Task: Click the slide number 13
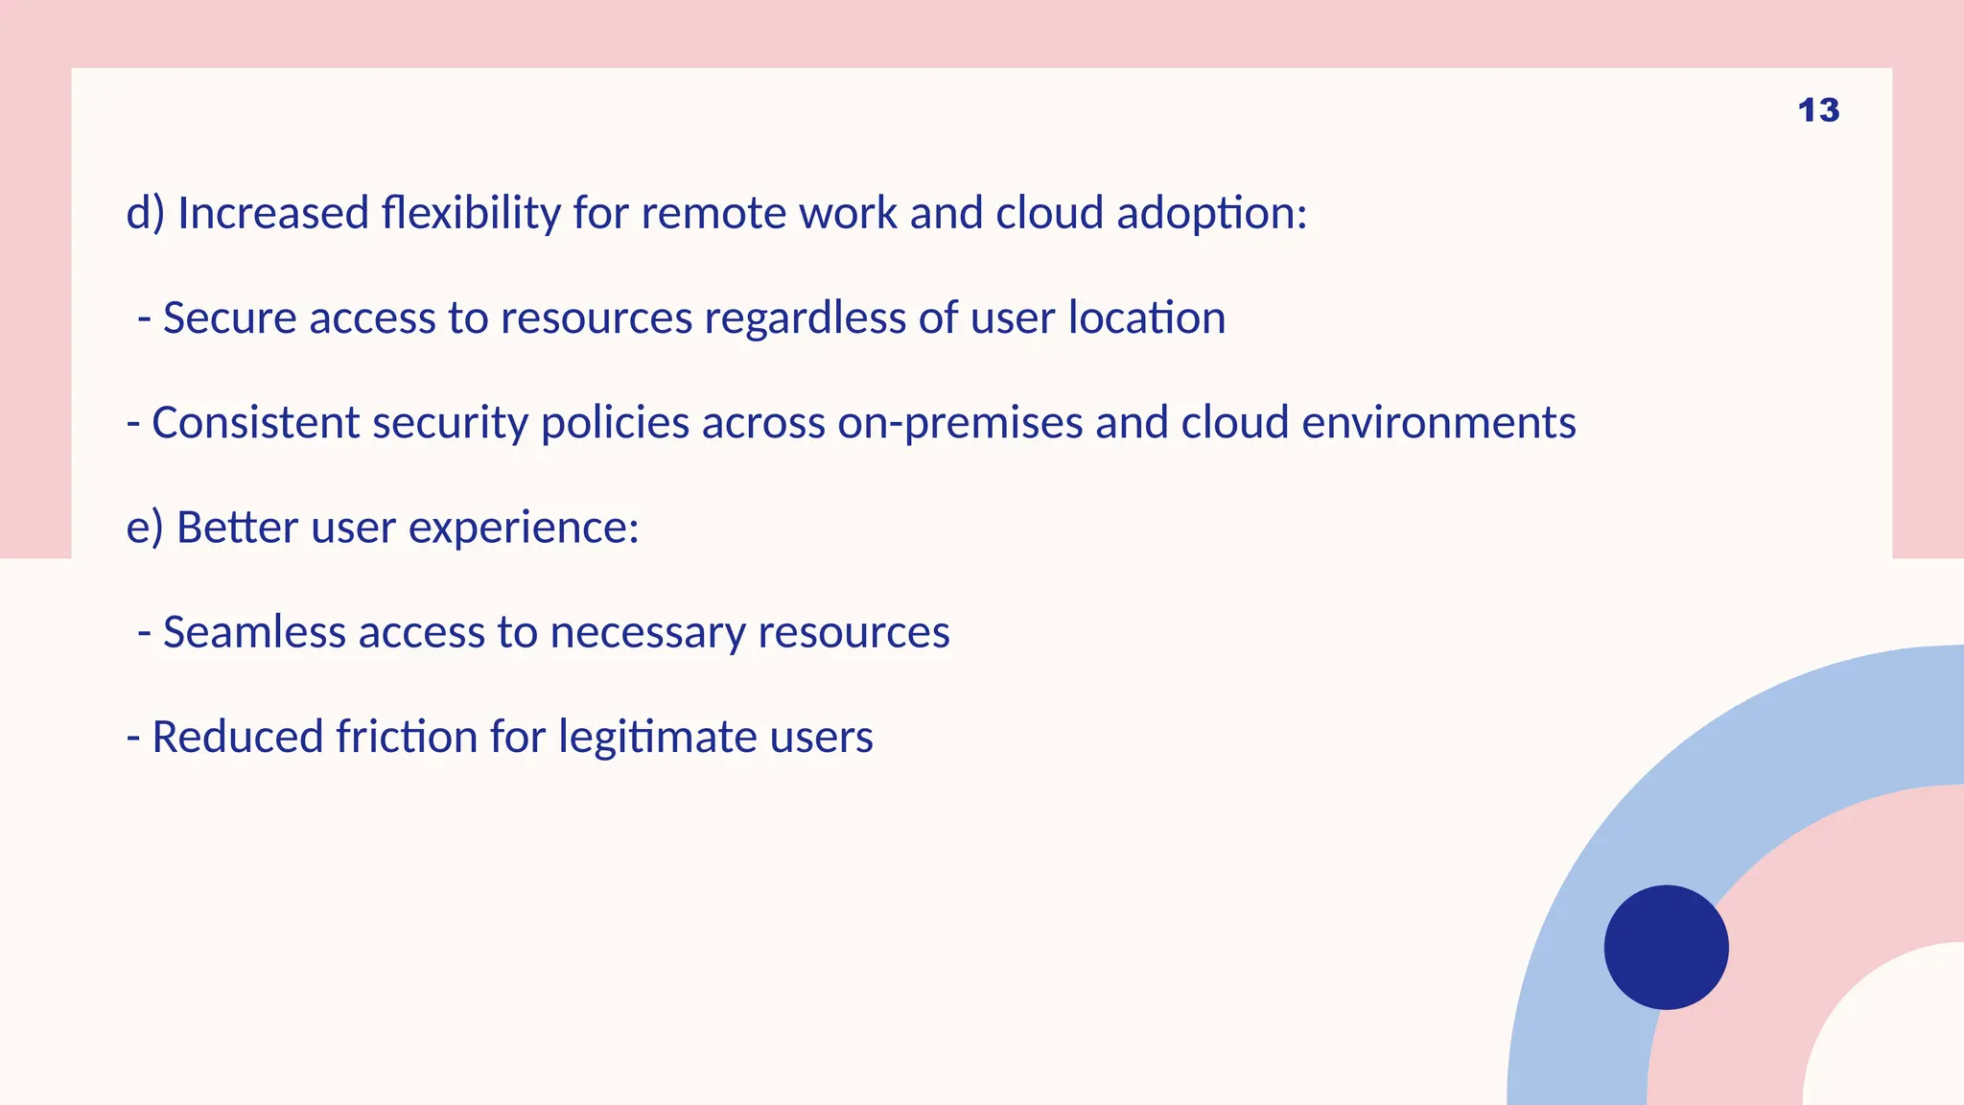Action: [1818, 110]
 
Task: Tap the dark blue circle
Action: [1666, 947]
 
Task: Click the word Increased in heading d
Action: [273, 213]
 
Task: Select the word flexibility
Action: [471, 213]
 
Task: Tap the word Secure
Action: [229, 318]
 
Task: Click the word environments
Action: [1438, 423]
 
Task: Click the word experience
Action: [523, 528]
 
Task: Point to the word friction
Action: [407, 738]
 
